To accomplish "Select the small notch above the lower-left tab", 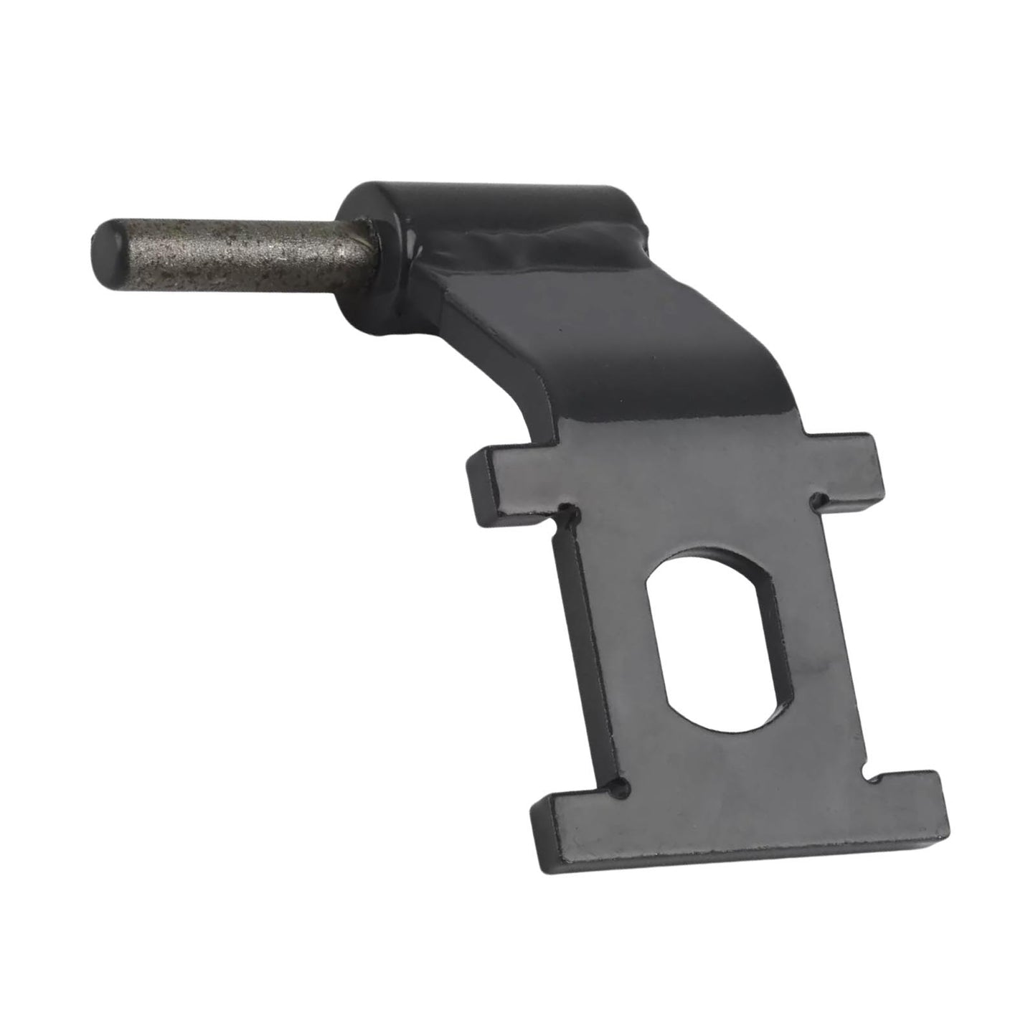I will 621,789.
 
